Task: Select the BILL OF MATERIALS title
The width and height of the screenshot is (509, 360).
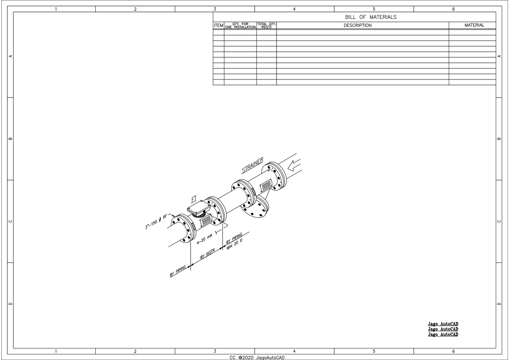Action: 371,17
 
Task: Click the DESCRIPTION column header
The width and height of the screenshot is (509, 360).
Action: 358,26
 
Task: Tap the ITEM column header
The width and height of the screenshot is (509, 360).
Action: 218,26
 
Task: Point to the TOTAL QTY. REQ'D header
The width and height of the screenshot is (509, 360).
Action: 266,26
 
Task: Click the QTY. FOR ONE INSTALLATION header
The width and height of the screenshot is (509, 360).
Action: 240,26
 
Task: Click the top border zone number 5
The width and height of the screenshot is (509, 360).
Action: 374,9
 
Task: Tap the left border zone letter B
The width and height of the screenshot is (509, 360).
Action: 11,139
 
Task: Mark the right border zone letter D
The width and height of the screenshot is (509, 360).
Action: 499,304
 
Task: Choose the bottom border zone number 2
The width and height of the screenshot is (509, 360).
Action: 135,351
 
